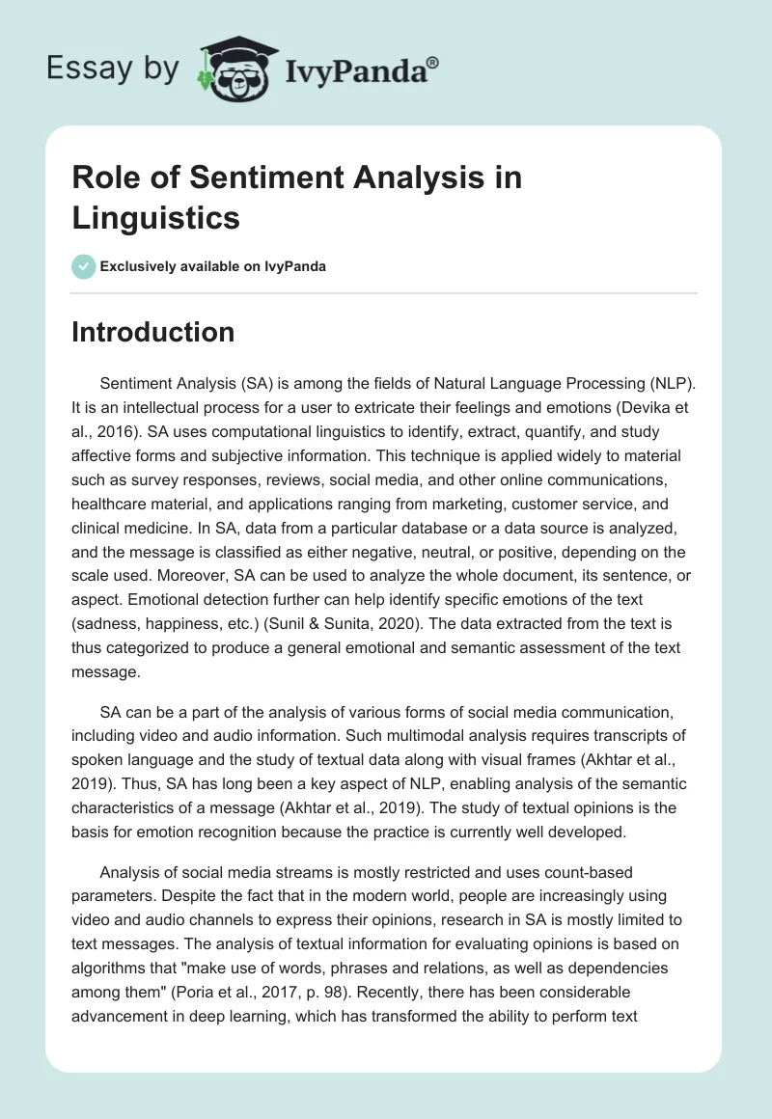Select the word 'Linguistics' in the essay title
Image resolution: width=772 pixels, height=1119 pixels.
point(155,217)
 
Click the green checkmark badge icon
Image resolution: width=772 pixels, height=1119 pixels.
point(83,266)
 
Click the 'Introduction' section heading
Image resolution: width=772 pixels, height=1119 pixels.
point(153,332)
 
